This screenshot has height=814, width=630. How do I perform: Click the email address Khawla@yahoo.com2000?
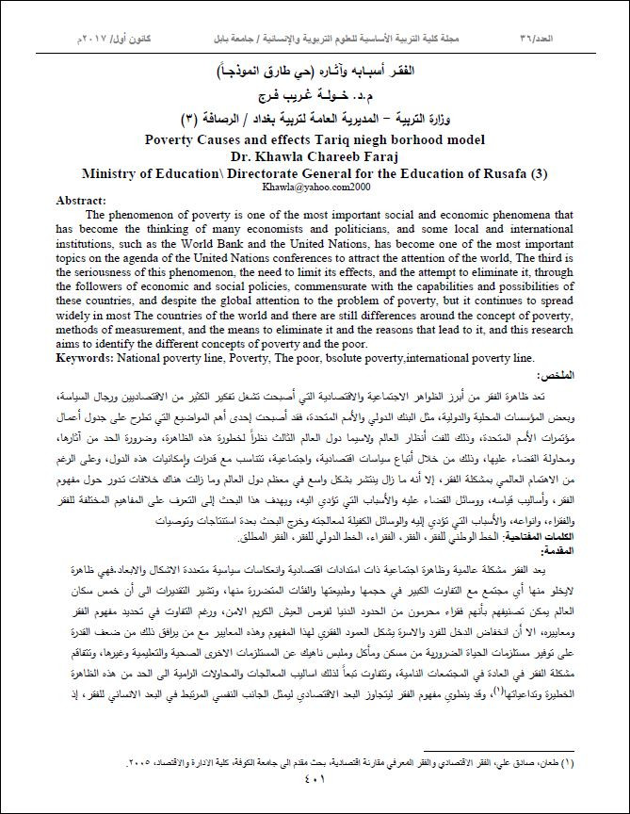(x=315, y=188)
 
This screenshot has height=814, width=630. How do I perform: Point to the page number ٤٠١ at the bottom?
(x=315, y=778)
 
